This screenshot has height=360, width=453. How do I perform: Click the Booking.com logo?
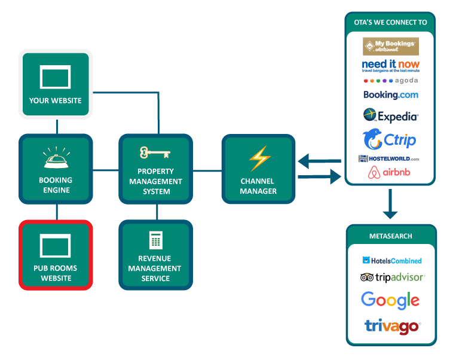[390, 94]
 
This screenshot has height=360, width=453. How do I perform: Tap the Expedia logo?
[390, 115]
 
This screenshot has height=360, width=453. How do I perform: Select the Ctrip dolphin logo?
[389, 141]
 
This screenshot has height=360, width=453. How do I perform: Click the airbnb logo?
[390, 173]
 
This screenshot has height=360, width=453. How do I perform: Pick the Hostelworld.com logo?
[388, 158]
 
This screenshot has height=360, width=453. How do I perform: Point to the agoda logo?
[390, 80]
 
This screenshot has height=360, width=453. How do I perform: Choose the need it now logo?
[390, 65]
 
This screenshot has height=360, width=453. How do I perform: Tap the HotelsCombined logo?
[391, 261]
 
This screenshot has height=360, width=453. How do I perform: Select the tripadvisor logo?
[392, 277]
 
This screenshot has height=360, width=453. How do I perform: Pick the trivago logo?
[392, 326]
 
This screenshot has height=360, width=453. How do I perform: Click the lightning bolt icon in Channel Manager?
[259, 158]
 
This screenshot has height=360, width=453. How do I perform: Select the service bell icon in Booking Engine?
[56, 158]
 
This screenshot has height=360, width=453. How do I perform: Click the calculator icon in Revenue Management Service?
[155, 240]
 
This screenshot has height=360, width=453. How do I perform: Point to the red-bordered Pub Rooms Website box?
[56, 255]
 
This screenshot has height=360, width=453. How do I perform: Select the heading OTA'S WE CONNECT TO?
[390, 23]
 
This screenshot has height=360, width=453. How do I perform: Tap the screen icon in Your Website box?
[55, 77]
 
